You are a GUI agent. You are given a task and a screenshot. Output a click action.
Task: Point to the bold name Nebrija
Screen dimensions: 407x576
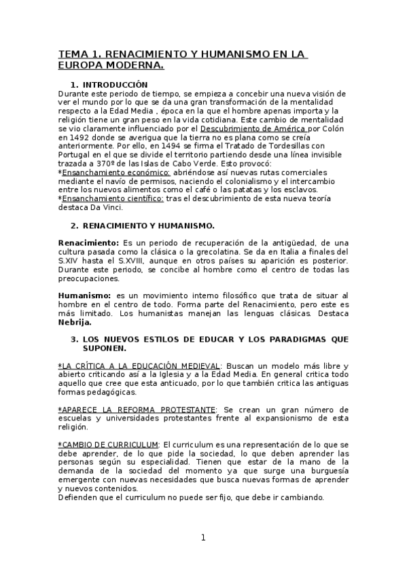[x=75, y=323]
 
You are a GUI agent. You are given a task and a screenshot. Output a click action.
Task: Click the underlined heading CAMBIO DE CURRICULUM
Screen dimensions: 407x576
[x=109, y=444]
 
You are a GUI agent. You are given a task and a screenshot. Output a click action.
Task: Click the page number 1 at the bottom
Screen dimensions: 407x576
[x=202, y=538]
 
